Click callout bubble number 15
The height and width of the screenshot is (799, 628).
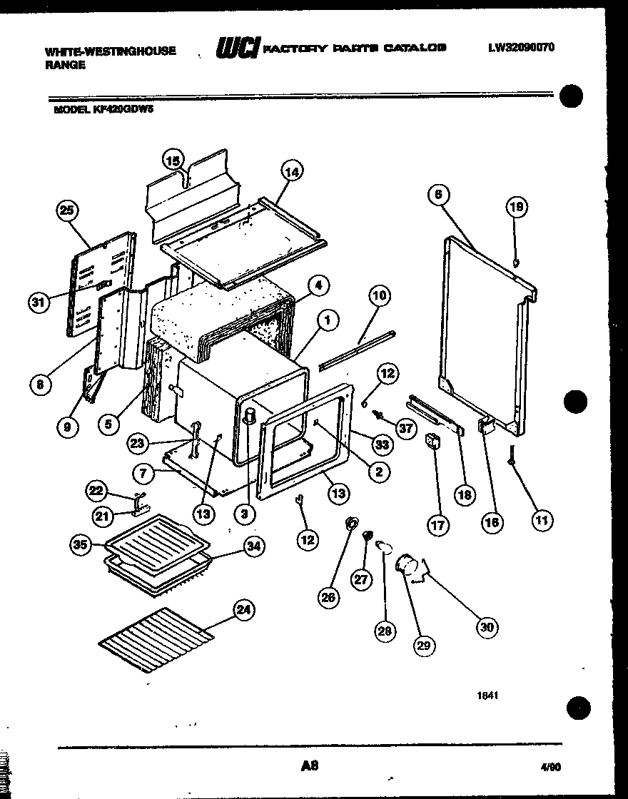173,161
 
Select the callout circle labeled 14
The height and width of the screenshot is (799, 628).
291,171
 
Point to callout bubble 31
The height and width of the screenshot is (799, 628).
39,302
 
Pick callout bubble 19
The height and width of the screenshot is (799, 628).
517,208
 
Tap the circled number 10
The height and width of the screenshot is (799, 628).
380,295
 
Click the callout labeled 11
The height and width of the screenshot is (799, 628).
542,520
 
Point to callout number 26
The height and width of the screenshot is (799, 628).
328,597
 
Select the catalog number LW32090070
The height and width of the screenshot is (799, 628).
521,49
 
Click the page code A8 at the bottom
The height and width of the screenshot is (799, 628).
308,766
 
